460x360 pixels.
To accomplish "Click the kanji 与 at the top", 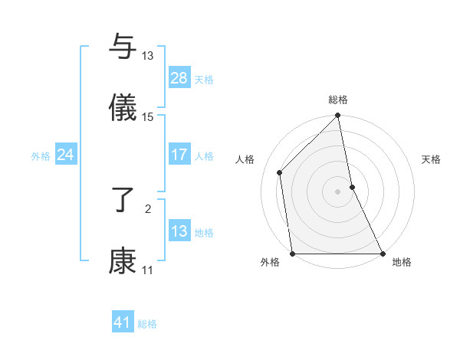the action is coord(123,47).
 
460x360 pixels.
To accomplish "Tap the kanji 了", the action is coord(123,201).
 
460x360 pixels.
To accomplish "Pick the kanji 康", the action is coord(123,261).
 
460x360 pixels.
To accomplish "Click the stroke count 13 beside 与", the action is coord(148,56).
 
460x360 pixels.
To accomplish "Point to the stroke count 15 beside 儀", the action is coord(148,116).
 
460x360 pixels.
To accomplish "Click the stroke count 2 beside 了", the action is coord(148,208).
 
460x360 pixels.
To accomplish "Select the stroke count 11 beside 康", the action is coord(148,270).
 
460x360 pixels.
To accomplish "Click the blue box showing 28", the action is coord(179,78).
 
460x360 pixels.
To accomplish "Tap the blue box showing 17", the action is coord(179,155).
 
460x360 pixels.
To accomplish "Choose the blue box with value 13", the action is coord(179,231).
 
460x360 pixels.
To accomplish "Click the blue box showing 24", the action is coord(66,155).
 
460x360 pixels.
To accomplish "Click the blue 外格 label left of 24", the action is coord(41,155).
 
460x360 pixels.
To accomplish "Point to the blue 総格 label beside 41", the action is coord(147,324).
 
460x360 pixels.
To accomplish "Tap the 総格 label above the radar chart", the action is coord(338,100).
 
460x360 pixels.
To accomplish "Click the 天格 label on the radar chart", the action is coord(432,159).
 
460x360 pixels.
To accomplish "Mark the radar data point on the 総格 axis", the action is coord(338,116).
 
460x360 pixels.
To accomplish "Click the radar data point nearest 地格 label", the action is coord(383,253).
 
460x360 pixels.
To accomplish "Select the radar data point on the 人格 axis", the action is coord(280,172).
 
